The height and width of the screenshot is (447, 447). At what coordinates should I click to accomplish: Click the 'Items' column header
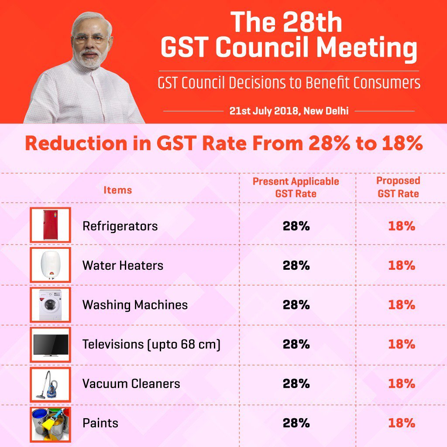117,190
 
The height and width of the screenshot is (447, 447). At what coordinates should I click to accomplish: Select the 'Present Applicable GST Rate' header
296,187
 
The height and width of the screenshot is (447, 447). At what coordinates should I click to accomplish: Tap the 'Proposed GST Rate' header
398,187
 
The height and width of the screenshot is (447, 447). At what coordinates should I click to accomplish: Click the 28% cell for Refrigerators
296,226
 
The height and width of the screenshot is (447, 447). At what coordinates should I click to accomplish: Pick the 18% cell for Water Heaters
401,265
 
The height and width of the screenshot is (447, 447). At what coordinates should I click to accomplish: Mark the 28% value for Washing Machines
296,305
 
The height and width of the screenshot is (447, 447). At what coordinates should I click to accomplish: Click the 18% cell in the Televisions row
401,344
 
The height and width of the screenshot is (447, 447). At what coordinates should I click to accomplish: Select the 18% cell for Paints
401,423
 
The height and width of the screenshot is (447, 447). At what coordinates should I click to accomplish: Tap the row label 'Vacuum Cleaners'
131,384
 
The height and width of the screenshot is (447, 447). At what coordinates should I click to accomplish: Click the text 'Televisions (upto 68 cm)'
151,344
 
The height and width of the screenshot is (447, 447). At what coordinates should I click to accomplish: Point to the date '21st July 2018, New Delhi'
289,111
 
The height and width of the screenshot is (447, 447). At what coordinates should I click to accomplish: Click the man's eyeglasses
91,39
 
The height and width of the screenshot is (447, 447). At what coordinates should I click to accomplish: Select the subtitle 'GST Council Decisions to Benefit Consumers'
289,83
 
